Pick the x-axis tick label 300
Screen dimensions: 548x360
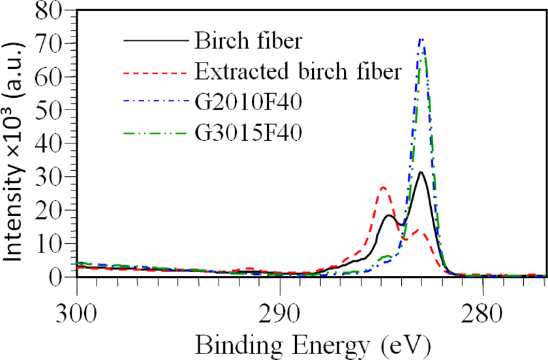coord(76,314)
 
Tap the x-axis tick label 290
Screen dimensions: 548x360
coord(280,314)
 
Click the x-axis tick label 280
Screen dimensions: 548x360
coord(482,314)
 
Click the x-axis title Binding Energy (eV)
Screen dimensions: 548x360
coord(312,345)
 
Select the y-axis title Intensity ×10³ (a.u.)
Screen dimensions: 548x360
coord(14,151)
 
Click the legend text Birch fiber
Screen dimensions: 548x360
coord(248,40)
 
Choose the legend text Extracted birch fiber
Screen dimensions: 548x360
coord(297,71)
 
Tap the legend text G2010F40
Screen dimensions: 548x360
coord(248,102)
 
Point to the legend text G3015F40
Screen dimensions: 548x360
coord(248,132)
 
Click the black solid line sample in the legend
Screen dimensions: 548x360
coord(156,41)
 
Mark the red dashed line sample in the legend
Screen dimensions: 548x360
coord(156,72)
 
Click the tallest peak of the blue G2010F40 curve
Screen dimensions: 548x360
coord(422,39)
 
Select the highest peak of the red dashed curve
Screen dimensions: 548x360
coord(384,187)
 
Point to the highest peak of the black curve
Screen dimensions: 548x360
coord(421,172)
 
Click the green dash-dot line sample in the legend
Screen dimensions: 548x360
coord(156,133)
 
